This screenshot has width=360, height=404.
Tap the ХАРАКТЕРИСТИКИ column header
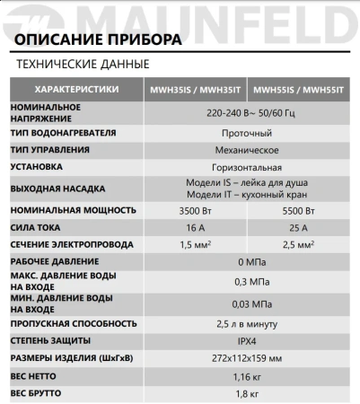(76, 91)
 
